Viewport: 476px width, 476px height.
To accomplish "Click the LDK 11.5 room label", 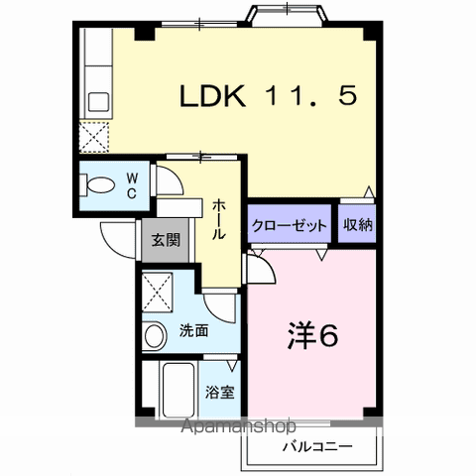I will point(266,96).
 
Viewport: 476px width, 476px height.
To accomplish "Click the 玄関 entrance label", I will point(165,239).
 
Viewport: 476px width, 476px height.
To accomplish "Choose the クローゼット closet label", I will point(290,225).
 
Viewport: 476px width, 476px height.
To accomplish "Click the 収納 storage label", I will point(358,225).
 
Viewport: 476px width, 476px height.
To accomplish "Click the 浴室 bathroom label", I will point(220,391).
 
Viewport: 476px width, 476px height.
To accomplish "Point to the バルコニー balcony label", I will point(316,447).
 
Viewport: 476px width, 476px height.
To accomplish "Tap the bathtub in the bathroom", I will point(174,392).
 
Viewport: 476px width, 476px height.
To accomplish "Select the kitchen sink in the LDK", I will point(98,100).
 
